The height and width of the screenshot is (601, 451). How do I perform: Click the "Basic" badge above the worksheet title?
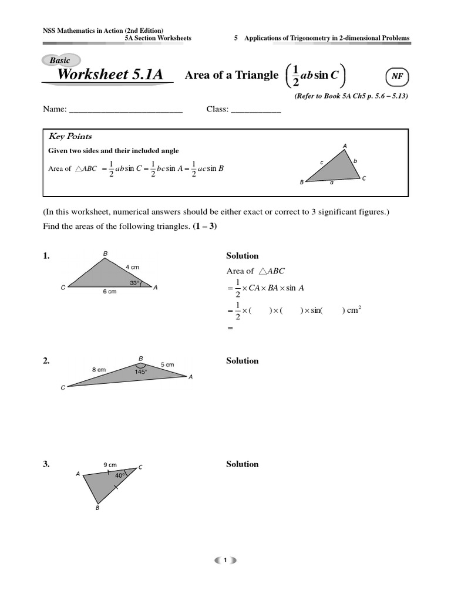click(x=60, y=60)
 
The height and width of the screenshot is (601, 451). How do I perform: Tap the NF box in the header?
click(x=397, y=76)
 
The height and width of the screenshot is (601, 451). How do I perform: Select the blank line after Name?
click(x=126, y=110)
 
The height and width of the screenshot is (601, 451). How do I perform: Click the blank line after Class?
click(x=256, y=110)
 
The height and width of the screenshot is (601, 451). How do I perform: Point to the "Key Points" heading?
click(x=70, y=136)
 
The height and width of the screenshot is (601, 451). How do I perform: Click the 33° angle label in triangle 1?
click(x=134, y=282)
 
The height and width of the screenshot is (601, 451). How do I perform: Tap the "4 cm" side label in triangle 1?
click(x=133, y=267)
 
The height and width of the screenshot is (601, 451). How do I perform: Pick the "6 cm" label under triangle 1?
click(x=110, y=292)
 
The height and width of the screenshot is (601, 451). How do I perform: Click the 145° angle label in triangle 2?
click(x=140, y=372)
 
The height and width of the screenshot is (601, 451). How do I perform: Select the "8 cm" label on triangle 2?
click(x=99, y=369)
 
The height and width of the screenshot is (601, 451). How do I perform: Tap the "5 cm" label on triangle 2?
click(x=167, y=364)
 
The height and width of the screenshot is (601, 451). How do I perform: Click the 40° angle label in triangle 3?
click(x=120, y=475)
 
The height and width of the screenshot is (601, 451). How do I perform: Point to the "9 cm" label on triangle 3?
click(x=109, y=463)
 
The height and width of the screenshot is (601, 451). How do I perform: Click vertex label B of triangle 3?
click(x=97, y=508)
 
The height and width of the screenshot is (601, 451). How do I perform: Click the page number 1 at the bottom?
click(x=225, y=561)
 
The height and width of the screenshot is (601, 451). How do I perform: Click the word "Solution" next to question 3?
click(x=242, y=464)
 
